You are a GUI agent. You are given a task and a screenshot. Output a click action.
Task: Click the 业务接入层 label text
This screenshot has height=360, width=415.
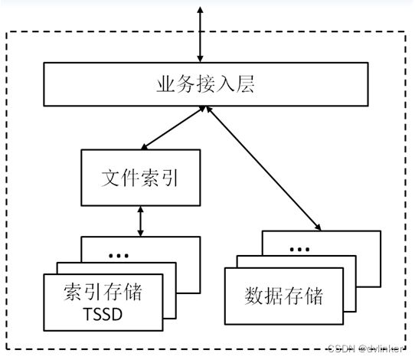coord(206,84)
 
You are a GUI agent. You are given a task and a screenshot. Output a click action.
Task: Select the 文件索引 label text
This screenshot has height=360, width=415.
coord(140,178)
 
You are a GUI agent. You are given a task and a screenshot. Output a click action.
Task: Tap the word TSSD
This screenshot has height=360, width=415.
coord(103,314)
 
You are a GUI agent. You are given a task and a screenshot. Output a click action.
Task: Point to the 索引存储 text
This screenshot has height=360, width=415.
coord(103,292)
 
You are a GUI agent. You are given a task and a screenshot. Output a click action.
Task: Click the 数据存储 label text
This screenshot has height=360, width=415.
coord(284,296)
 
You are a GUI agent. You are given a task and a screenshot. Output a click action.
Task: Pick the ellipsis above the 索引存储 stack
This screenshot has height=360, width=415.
coord(119,256)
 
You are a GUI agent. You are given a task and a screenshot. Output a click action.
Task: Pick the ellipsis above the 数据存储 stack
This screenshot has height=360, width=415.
coord(299,250)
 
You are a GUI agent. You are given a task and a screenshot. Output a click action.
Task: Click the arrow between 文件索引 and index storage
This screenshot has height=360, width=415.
coord(141,221)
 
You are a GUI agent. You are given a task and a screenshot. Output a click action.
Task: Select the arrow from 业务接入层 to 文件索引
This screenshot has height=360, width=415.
coord(173,128)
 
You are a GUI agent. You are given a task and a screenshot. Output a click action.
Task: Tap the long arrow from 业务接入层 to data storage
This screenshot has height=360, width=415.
coord(263,169)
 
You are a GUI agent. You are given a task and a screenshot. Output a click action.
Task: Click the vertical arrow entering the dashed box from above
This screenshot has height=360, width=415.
coord(201,34)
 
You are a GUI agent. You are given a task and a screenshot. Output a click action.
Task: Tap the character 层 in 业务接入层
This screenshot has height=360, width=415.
coord(245,84)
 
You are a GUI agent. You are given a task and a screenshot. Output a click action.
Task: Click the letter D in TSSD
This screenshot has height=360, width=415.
coord(117,314)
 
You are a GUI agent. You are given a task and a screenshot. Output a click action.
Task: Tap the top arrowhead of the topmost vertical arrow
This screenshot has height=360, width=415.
coord(201,10)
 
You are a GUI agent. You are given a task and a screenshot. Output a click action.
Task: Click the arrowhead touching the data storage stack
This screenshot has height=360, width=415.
coord(318,227)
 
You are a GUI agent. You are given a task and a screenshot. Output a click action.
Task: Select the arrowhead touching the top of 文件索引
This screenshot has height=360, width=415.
coord(145,147)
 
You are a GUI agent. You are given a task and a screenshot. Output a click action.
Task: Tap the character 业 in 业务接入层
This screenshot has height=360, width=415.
coord(165,84)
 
